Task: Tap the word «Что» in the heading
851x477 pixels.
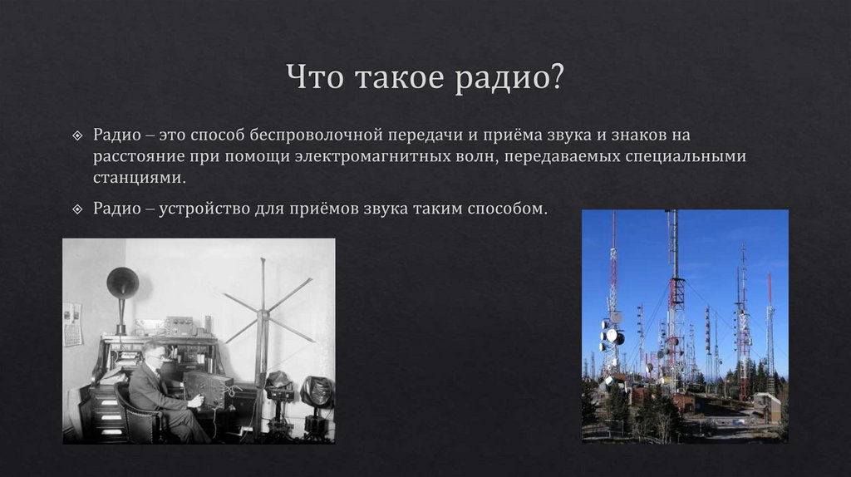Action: (x=316, y=79)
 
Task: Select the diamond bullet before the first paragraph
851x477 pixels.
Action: (x=76, y=135)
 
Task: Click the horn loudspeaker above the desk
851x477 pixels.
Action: (x=122, y=284)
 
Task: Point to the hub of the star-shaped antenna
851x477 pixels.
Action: (x=263, y=315)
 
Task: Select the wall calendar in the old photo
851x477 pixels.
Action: (x=73, y=323)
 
